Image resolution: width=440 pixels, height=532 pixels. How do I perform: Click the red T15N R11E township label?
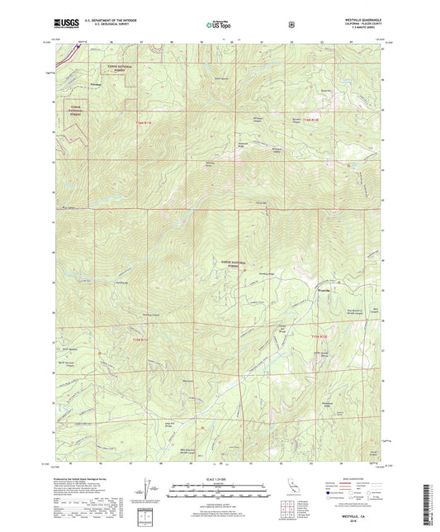coord(145,122)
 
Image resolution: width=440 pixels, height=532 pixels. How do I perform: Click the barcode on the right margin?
coord(430,501)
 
